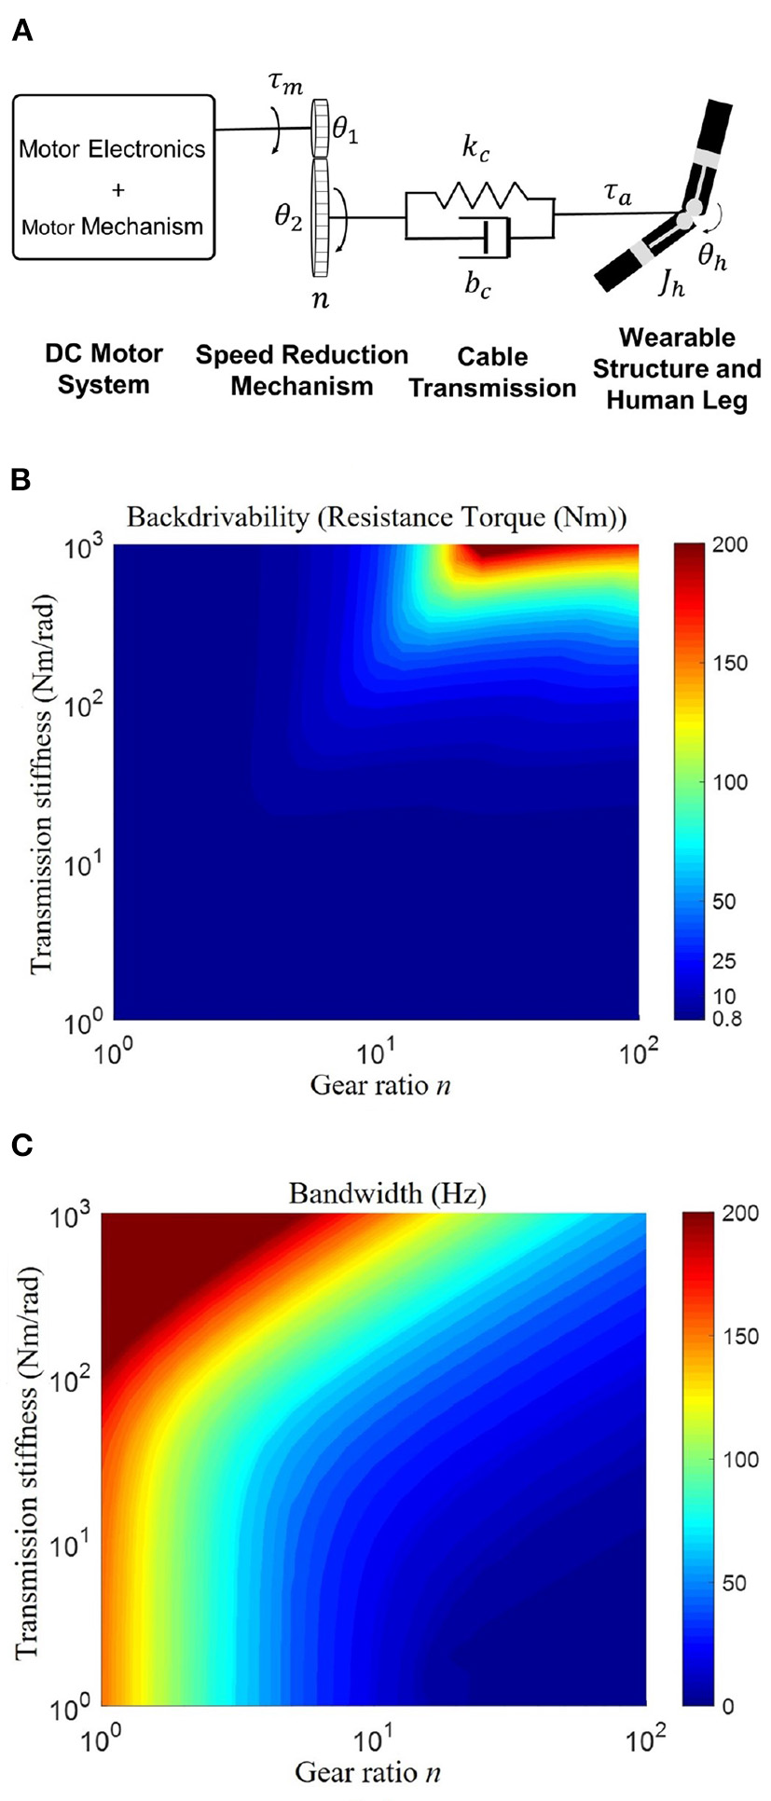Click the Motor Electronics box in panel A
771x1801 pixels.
113,177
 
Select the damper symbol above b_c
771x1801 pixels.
487,239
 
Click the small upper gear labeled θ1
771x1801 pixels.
322,129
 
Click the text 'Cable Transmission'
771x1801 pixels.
492,372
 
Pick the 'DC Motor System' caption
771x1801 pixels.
103,369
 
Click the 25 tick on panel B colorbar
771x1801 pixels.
723,961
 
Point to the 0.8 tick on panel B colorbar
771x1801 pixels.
725,1018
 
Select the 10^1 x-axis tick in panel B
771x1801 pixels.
376,1054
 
